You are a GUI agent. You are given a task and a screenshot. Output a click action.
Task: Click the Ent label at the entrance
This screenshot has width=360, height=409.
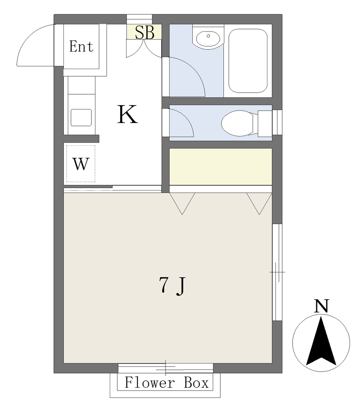click(81, 46)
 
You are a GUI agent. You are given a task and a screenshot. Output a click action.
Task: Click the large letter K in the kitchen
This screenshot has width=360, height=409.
click(127, 115)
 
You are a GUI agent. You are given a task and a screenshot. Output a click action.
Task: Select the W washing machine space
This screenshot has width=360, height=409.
click(81, 164)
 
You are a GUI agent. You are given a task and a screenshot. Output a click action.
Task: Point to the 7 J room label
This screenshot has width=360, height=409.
click(172, 286)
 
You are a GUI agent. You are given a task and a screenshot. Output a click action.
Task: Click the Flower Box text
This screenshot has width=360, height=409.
click(166, 383)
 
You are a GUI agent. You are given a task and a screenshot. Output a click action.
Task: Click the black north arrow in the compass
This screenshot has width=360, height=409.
click(321, 342)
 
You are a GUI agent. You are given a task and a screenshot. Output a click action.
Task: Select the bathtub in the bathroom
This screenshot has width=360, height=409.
click(248, 61)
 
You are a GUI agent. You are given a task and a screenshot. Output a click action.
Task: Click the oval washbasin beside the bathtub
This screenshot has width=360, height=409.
click(209, 39)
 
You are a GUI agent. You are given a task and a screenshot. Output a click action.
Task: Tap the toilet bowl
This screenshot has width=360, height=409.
click(238, 123)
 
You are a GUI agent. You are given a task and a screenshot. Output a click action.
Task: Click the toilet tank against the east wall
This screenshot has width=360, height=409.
click(265, 123)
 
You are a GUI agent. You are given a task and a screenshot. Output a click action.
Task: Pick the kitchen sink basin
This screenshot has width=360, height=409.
click(81, 117)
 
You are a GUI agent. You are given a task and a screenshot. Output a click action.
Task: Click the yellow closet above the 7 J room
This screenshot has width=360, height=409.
click(221, 167)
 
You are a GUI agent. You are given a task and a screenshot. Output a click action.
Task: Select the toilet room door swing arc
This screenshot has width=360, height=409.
click(187, 119)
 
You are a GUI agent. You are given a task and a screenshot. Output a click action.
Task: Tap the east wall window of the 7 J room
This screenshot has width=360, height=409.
click(277, 272)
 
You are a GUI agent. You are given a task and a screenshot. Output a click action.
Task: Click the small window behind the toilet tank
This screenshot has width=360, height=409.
click(277, 123)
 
